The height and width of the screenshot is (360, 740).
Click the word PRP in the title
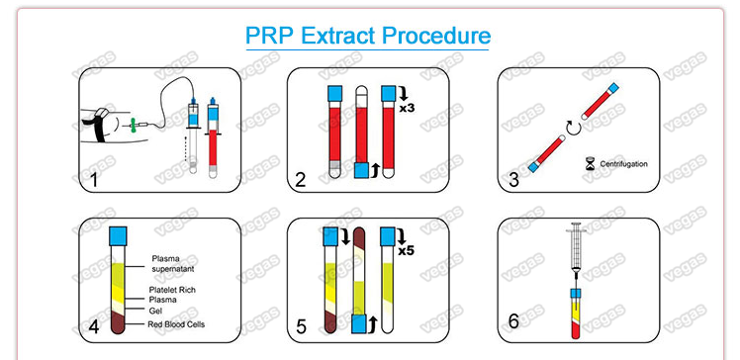(x=270, y=37)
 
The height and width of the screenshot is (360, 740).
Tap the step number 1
(x=95, y=180)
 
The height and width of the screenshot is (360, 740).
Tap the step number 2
(x=302, y=180)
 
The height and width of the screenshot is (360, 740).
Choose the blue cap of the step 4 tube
(x=119, y=237)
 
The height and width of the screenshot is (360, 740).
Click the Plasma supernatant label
(x=173, y=264)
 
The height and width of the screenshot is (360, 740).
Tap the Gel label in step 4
(x=154, y=311)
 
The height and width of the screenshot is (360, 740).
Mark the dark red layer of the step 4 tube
(x=119, y=321)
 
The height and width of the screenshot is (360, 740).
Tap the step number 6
(x=513, y=321)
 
